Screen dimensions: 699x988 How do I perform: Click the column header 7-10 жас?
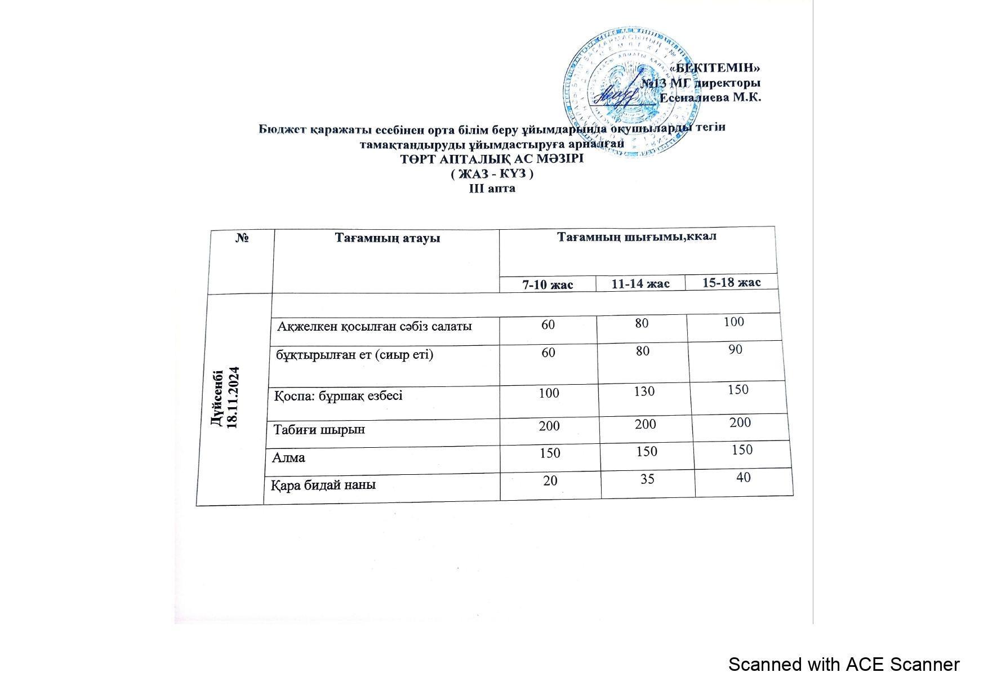pyautogui.click(x=548, y=285)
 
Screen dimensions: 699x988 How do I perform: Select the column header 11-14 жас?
pyautogui.click(x=640, y=284)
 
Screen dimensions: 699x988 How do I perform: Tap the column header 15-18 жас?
pyautogui.click(x=732, y=282)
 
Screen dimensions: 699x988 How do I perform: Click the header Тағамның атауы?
pyautogui.click(x=388, y=238)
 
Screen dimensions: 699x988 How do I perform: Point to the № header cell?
pyautogui.click(x=242, y=238)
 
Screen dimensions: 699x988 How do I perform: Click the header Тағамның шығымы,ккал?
pyautogui.click(x=637, y=237)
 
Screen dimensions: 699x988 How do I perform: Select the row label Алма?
pyautogui.click(x=289, y=457)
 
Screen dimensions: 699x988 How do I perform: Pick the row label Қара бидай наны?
pyautogui.click(x=324, y=484)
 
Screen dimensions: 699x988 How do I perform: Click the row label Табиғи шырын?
pyautogui.click(x=319, y=430)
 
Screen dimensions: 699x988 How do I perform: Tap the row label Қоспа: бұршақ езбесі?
pyautogui.click(x=339, y=396)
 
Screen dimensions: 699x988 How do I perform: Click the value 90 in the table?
pyautogui.click(x=735, y=349)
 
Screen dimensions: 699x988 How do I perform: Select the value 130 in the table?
pyautogui.click(x=644, y=391)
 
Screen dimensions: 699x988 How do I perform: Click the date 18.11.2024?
pyautogui.click(x=234, y=398)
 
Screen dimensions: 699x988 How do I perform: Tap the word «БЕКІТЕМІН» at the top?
pyautogui.click(x=714, y=68)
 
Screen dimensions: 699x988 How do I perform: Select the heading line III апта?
pyautogui.click(x=492, y=189)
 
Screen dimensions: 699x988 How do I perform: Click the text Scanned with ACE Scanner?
pyautogui.click(x=843, y=665)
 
